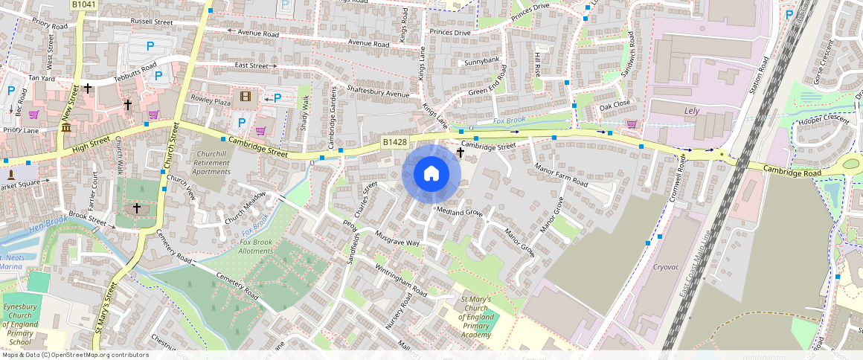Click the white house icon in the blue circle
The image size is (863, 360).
point(431,174)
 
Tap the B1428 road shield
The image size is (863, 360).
point(394,142)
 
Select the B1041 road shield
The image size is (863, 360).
point(83,4)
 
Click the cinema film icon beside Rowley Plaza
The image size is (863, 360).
point(246,96)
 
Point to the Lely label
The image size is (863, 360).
point(693,111)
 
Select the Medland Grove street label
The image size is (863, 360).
point(459,213)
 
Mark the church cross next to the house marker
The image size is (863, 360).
point(460,152)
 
